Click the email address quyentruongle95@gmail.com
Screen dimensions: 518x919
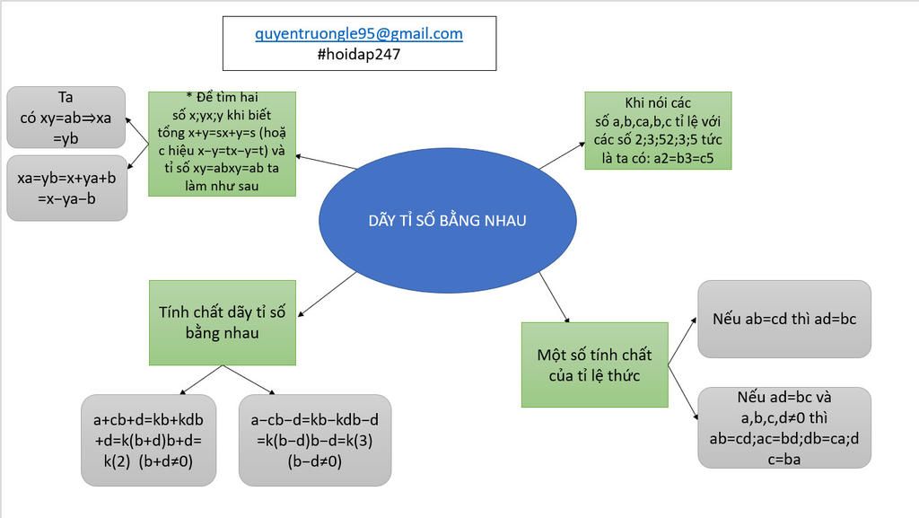pyautogui.click(x=359, y=34)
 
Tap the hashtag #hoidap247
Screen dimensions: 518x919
pyautogui.click(x=359, y=54)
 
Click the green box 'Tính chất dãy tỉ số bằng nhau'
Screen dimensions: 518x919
pyautogui.click(x=222, y=322)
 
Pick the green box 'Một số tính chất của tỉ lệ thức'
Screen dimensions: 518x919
pyautogui.click(x=594, y=364)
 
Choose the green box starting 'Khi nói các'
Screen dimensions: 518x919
pyautogui.click(x=658, y=131)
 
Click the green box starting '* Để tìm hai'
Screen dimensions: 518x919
pyautogui.click(x=221, y=144)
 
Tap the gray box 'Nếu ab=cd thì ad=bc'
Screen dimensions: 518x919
pyautogui.click(x=783, y=319)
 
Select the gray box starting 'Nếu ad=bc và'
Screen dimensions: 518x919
pyautogui.click(x=783, y=427)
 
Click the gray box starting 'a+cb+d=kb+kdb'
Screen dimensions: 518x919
pyautogui.click(x=148, y=440)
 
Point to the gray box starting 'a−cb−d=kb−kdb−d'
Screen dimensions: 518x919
pyautogui.click(x=315, y=440)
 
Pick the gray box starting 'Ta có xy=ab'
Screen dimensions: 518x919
pyautogui.click(x=66, y=117)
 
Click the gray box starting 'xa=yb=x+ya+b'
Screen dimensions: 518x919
pyautogui.click(x=66, y=188)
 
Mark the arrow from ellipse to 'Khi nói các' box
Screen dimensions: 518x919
pyautogui.click(x=561, y=154)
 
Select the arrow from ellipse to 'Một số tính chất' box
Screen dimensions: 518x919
pyautogui.click(x=554, y=295)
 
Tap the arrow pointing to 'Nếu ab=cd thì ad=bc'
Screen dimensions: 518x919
pyautogui.click(x=683, y=338)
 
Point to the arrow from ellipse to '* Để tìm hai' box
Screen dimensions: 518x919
pyautogui.click(x=325, y=162)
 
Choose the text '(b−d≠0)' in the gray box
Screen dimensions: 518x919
pyautogui.click(x=315, y=461)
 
